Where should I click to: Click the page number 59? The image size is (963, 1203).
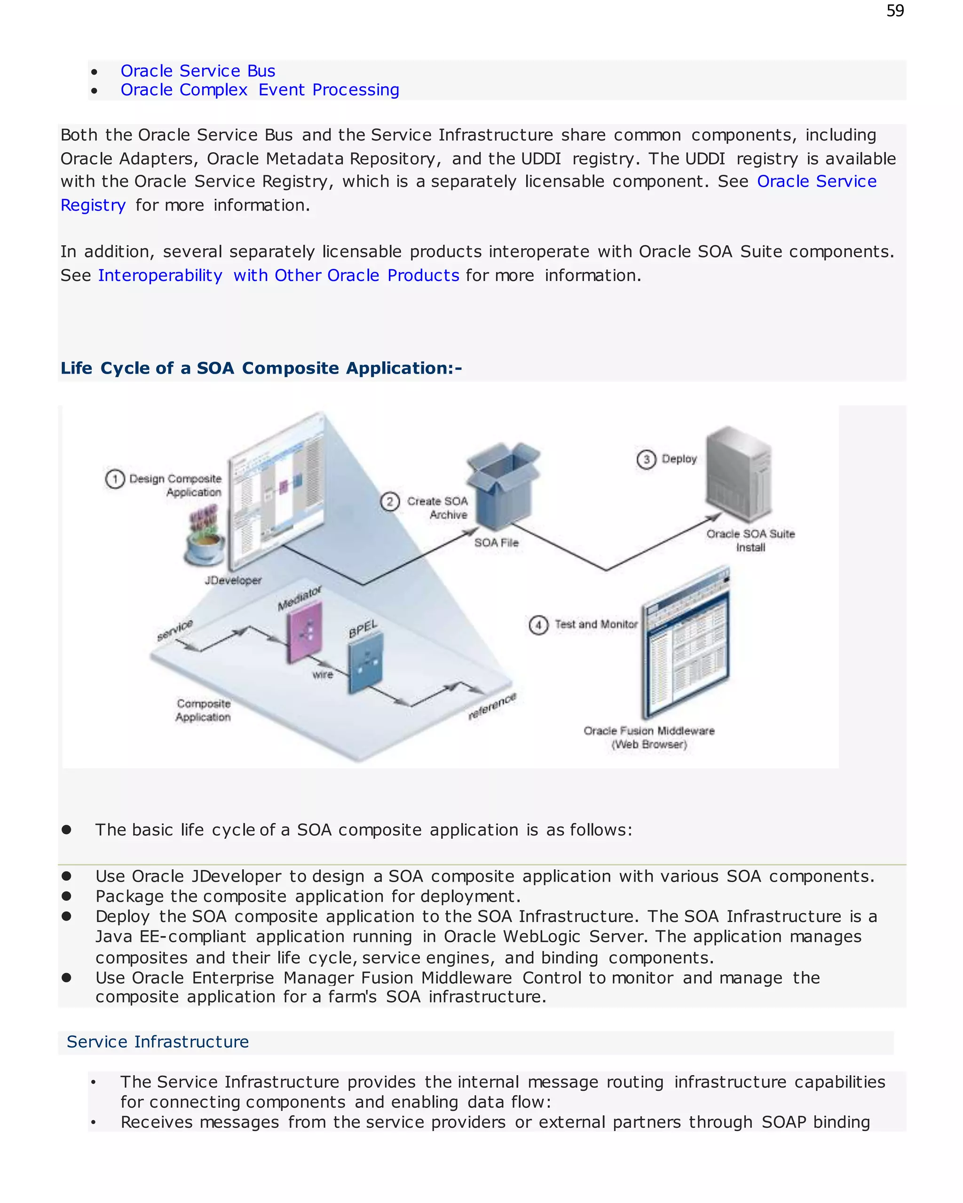coord(894,11)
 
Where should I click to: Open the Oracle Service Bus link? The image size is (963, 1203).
coord(197,71)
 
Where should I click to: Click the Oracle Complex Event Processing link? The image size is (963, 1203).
coord(260,90)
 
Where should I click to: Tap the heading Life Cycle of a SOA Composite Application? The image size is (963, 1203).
coord(260,368)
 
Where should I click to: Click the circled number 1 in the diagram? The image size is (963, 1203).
coord(115,479)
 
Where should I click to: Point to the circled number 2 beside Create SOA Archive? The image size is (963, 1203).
coord(390,501)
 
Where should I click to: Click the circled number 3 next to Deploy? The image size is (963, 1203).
coord(646,459)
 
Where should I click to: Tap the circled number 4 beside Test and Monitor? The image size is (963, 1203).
coord(538,625)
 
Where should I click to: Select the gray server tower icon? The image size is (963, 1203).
coord(739,474)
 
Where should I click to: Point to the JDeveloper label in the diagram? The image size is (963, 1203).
coord(233,580)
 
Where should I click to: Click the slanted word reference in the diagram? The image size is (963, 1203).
coord(492,706)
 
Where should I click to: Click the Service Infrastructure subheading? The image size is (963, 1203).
coord(158,1042)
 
